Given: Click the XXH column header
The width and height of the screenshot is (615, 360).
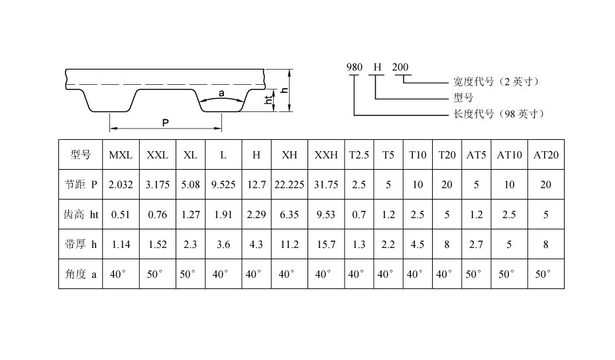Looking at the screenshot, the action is click(x=326, y=155).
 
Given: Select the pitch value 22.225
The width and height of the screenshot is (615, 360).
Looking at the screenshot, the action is click(x=289, y=184).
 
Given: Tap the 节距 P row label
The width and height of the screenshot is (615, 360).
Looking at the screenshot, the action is click(x=81, y=184).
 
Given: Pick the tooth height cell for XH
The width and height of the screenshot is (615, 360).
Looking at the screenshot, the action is click(x=289, y=215).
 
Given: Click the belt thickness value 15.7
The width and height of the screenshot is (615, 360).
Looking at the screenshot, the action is click(x=326, y=245).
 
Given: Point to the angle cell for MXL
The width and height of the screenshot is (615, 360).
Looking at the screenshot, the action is click(x=117, y=274).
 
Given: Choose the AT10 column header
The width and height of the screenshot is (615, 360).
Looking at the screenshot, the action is click(x=509, y=155).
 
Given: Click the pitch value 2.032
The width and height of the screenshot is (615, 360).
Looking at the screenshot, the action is click(x=121, y=184).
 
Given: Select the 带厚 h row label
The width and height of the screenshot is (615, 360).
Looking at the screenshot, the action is click(x=81, y=244).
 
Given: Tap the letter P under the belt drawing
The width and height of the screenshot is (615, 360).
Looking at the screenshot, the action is click(x=166, y=123).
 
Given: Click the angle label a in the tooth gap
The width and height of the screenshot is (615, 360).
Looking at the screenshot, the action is click(x=221, y=93).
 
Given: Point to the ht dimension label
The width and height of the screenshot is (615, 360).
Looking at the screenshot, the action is click(x=268, y=100).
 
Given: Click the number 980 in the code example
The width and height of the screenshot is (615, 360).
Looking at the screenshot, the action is click(x=354, y=68).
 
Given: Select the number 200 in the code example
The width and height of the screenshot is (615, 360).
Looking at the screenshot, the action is click(x=400, y=68).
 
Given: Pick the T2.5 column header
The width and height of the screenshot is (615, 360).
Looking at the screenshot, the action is click(x=359, y=155).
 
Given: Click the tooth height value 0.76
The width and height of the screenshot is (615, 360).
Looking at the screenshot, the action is click(x=157, y=215).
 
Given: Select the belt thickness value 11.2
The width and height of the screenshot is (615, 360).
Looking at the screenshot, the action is click(x=289, y=245).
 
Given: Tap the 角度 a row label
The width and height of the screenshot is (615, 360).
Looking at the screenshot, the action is click(x=81, y=274).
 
